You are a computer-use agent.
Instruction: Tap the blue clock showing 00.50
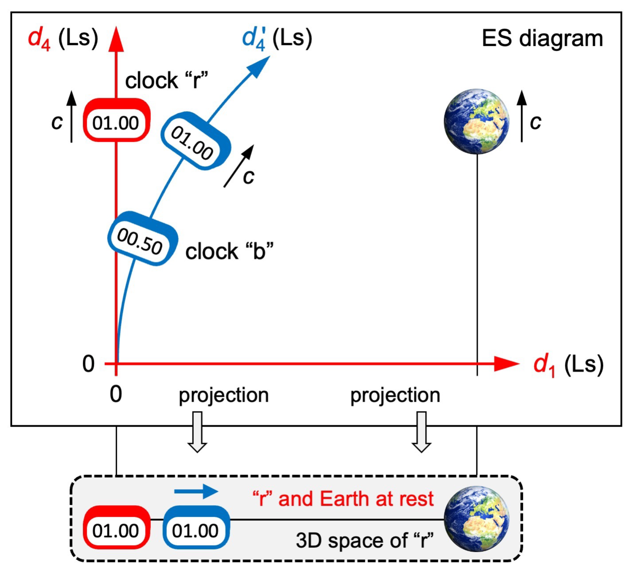pos(142,239)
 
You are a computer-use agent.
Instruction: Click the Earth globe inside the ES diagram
pos(476,121)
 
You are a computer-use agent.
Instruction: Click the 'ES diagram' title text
pos(542,38)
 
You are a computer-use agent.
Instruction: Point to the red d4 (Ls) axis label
pos(63,38)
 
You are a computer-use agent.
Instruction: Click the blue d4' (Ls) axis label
pos(277,38)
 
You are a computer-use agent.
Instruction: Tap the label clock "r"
pos(166,81)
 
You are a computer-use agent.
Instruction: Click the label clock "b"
pos(229,251)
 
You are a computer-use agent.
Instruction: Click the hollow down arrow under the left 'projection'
pos(197,432)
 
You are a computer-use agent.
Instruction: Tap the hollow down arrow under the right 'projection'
pos(421,432)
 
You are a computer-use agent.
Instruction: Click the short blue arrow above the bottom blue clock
pos(196,491)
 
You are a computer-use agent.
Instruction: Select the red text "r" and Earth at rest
pos(343,499)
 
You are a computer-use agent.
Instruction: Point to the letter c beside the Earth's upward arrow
pos(535,122)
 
